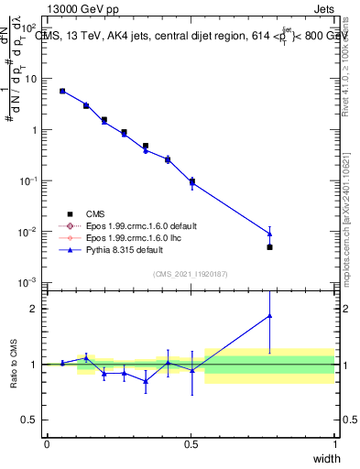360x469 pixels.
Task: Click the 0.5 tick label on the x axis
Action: click(191, 443)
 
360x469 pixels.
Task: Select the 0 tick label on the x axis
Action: click(47, 443)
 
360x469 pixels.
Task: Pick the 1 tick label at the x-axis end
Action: click(335, 443)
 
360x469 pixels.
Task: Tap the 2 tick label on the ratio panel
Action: click(34, 309)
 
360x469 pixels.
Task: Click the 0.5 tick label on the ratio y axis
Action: click(30, 420)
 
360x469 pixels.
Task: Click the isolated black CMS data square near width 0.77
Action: click(269, 247)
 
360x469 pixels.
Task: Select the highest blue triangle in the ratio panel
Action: click(269, 316)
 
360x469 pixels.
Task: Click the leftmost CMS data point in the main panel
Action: click(61, 91)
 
